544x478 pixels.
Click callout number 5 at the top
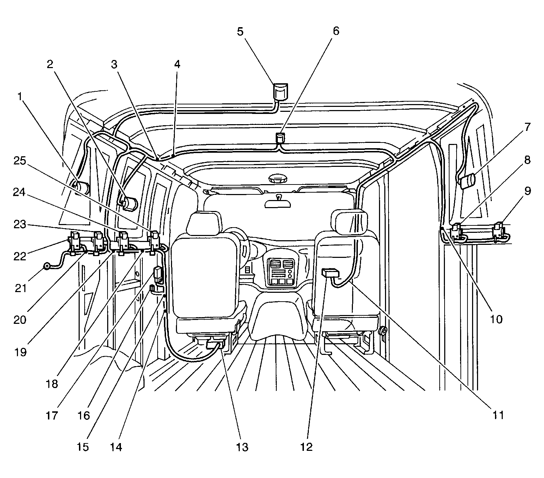click(240, 32)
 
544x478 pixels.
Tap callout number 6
click(336, 31)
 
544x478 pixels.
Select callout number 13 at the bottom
click(242, 447)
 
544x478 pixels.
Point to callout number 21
click(20, 288)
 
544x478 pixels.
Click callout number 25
click(20, 161)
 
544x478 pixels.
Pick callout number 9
click(528, 191)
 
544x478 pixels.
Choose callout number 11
click(499, 415)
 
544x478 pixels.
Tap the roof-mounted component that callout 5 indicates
click(280, 92)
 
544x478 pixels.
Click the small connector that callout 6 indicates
click(280, 138)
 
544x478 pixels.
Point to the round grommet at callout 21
click(47, 266)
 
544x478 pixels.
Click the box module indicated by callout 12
click(330, 273)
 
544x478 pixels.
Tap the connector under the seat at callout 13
click(215, 344)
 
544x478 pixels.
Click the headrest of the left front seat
click(204, 223)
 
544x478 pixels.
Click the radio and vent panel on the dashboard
click(281, 272)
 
